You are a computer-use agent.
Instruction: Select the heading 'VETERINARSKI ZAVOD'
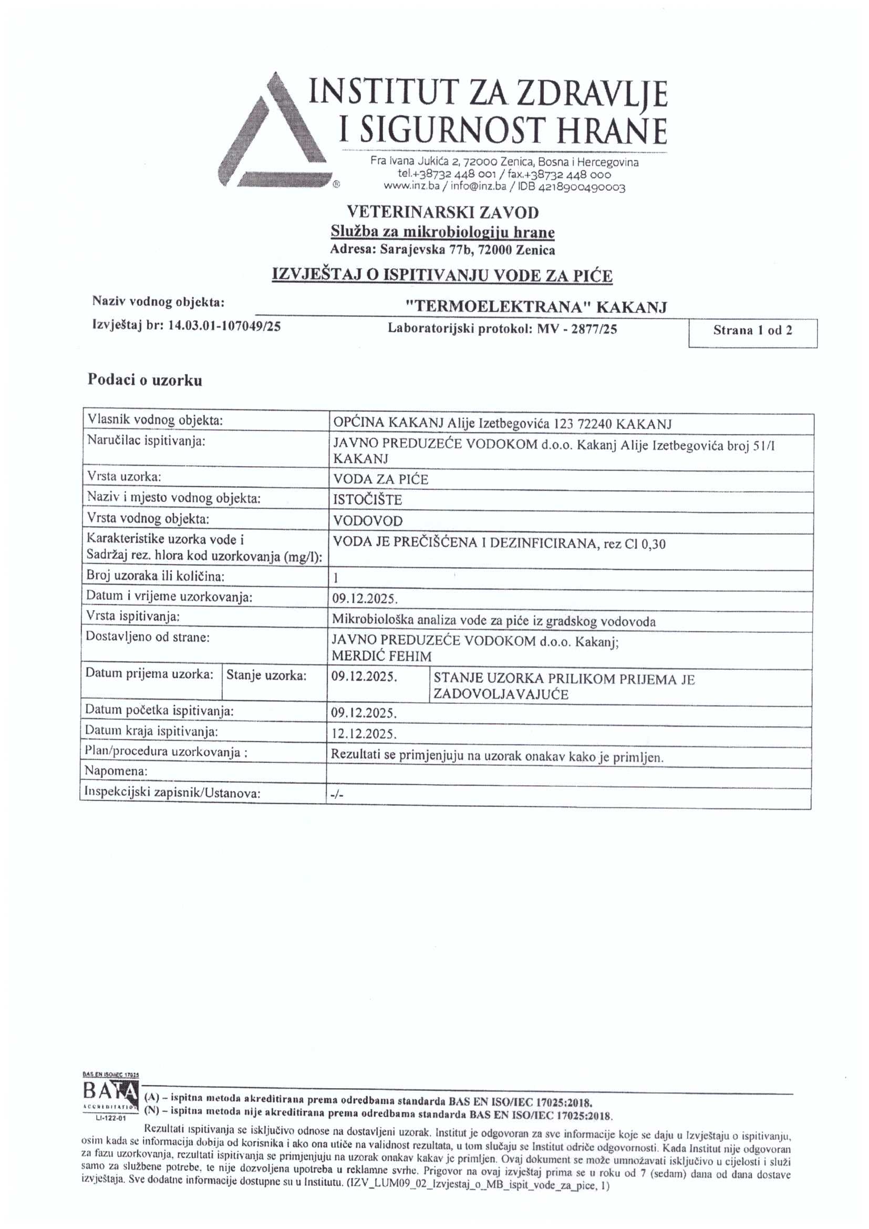click(442, 212)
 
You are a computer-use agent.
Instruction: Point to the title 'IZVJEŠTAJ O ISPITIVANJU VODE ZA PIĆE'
click(442, 275)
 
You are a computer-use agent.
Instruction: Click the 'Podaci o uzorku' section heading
click(145, 381)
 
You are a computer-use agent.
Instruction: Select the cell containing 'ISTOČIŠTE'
click(368, 500)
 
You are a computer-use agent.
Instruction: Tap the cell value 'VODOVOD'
click(368, 521)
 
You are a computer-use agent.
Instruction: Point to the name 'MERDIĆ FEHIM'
click(381, 656)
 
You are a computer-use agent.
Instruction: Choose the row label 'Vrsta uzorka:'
click(124, 477)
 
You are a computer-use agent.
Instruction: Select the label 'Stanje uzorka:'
click(266, 675)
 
